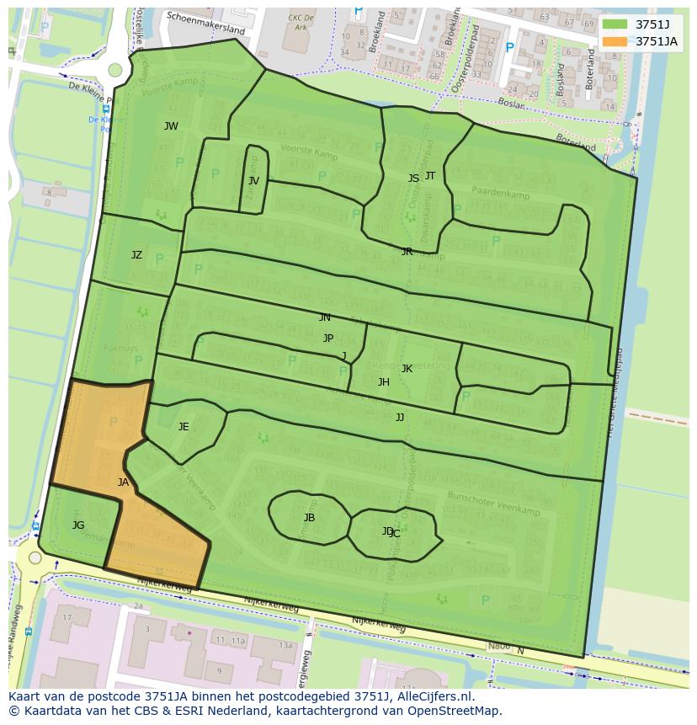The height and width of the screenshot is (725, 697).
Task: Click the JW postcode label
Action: click(x=171, y=126)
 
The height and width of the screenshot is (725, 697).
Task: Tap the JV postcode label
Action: click(x=253, y=181)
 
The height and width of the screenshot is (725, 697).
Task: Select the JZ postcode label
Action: click(x=136, y=255)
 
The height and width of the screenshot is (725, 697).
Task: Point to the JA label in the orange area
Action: click(x=123, y=482)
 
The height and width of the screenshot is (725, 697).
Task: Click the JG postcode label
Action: click(x=78, y=525)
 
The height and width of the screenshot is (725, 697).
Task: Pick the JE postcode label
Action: click(x=184, y=427)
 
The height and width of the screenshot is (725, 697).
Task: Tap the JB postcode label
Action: click(x=309, y=518)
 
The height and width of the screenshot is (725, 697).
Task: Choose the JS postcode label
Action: click(x=413, y=179)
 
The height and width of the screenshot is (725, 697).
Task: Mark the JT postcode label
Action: click(x=430, y=176)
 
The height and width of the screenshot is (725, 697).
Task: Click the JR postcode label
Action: click(x=407, y=252)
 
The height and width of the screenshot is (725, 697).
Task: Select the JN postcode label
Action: click(x=325, y=317)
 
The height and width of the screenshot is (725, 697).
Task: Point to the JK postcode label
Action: click(x=407, y=369)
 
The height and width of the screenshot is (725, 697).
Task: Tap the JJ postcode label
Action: click(x=400, y=417)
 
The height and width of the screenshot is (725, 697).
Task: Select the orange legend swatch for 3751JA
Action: click(x=615, y=41)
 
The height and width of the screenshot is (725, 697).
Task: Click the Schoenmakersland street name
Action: click(x=205, y=22)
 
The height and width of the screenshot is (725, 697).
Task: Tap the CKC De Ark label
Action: click(x=301, y=21)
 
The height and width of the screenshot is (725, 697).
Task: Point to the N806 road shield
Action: click(x=499, y=647)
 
